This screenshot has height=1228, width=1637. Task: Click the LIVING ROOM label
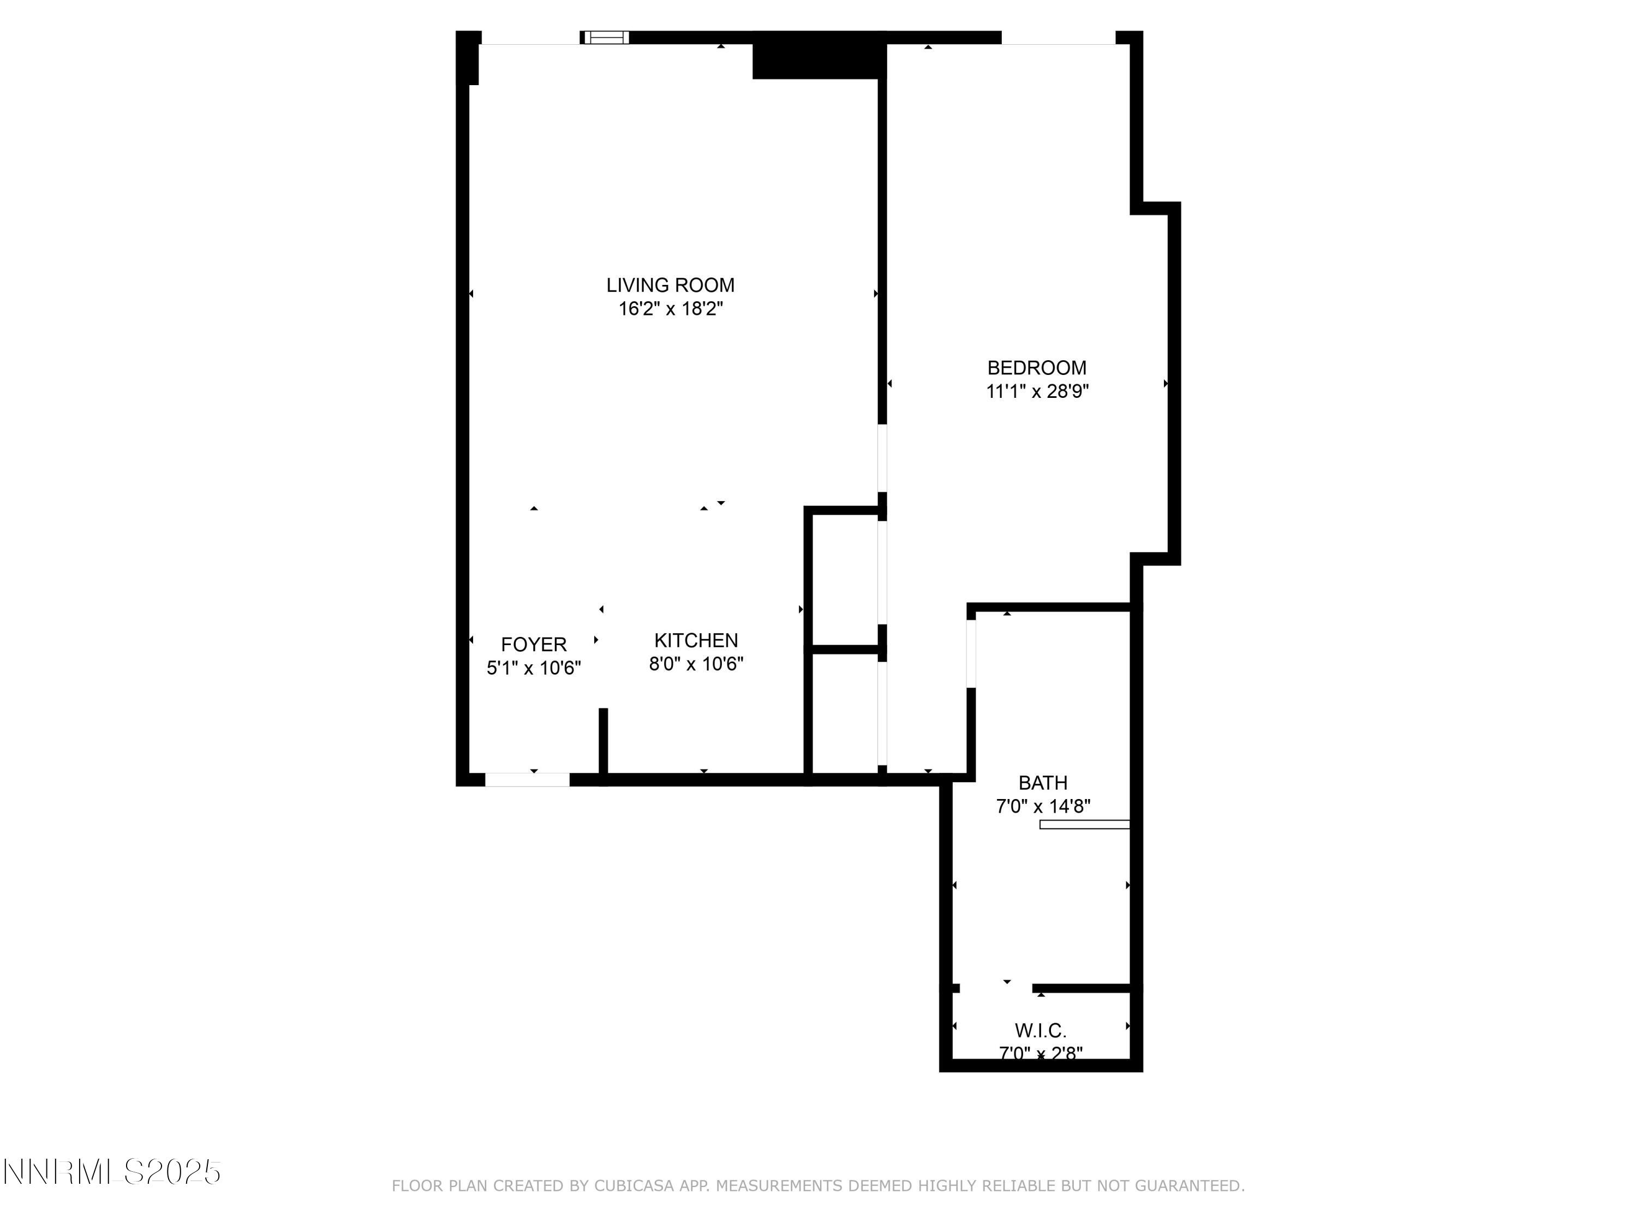click(671, 285)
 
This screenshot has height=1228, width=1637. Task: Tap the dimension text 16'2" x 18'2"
click(671, 309)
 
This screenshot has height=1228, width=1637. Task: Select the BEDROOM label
click(1037, 368)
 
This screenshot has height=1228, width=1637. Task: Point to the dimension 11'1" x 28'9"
click(1037, 391)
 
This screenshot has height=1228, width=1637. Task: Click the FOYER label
click(534, 645)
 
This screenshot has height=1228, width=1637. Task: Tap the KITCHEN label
click(696, 640)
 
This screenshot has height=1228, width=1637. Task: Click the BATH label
click(1043, 783)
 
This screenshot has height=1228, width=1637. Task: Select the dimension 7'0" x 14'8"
click(1043, 806)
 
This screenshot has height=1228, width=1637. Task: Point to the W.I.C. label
click(1041, 1030)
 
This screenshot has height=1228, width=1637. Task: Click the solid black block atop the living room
click(818, 56)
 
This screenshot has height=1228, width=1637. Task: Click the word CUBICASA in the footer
click(634, 1186)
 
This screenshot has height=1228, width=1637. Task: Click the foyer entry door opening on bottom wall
click(527, 779)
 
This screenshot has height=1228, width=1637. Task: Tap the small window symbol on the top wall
click(605, 38)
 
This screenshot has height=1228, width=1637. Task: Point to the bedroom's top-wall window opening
click(1058, 38)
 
